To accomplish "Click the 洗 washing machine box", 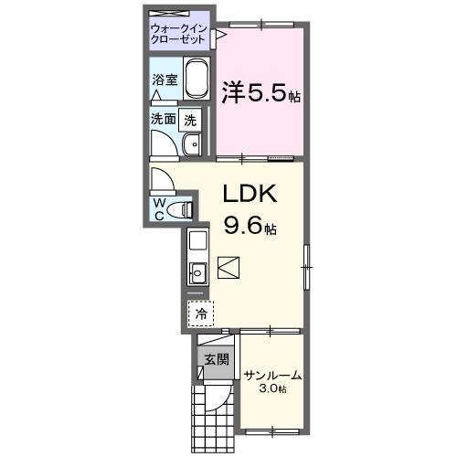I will click(190, 118).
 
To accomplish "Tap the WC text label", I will click(160, 207).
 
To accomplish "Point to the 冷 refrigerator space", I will click(199, 314).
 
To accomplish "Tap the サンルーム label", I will click(272, 375).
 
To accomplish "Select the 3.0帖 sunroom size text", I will click(272, 389).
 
